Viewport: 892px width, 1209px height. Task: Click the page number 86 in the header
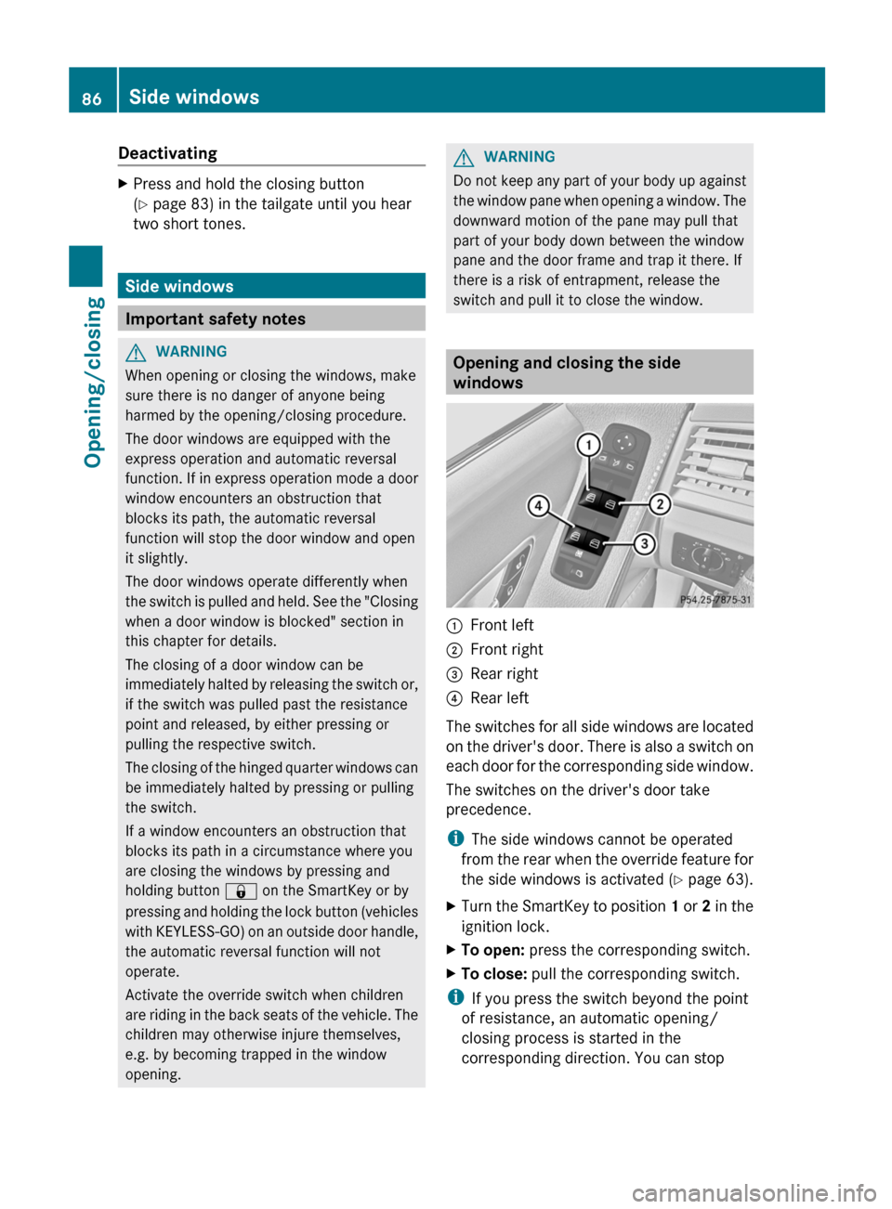click(91, 98)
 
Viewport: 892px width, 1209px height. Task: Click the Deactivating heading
click(167, 153)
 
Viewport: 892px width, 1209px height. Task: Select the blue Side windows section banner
click(271, 286)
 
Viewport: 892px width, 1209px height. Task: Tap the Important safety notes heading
click(216, 318)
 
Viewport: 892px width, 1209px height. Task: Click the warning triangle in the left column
click(138, 352)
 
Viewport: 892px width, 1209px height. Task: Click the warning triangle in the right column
click(466, 157)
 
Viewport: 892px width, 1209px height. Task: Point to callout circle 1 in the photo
click(588, 446)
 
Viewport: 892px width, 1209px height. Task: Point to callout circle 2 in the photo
click(660, 504)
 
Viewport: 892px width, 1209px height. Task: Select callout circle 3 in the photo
click(644, 543)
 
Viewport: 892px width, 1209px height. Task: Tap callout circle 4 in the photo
click(538, 506)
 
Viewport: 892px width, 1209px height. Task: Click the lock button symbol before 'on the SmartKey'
click(241, 891)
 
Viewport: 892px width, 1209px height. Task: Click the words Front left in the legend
click(502, 625)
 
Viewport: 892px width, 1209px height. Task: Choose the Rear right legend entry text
click(504, 673)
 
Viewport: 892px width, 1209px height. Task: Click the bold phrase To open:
click(492, 950)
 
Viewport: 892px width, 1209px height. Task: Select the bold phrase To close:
click(493, 974)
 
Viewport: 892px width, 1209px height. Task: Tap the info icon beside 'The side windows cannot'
click(455, 838)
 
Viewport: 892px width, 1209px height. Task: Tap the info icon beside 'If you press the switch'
click(455, 997)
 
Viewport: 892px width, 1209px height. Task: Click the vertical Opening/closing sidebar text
click(94, 382)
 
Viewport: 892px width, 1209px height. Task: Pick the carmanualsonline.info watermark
click(754, 1192)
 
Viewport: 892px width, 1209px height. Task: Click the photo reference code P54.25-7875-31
click(715, 600)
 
